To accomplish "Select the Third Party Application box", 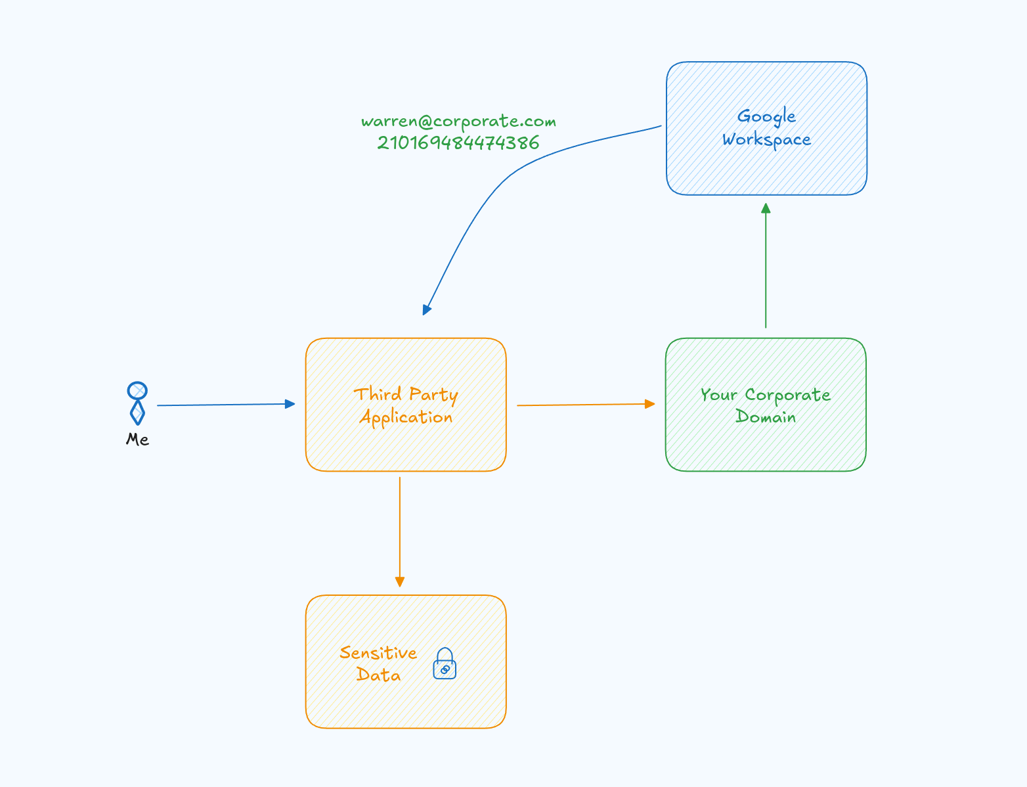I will tap(406, 447).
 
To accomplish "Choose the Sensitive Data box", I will tap(406, 703).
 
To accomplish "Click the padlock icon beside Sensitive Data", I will tap(445, 664).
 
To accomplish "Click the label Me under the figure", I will tap(137, 439).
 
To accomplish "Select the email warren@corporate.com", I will tap(458, 122).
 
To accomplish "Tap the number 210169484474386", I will tap(458, 143).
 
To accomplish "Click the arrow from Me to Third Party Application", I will tap(223, 405).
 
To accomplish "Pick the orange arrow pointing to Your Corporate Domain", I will tap(584, 405).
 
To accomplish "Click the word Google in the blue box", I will tap(766, 117).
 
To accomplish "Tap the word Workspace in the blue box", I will tap(766, 140).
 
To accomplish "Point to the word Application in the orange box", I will tap(406, 418).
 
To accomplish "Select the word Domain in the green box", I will tap(766, 417).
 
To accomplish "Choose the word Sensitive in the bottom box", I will tap(378, 653).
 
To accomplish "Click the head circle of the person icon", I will tap(137, 391).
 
